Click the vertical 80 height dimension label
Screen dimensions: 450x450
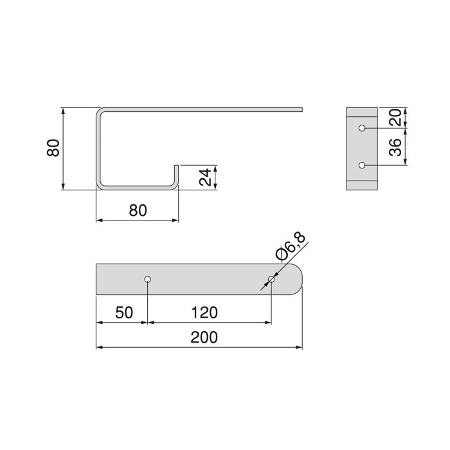coord(54,148)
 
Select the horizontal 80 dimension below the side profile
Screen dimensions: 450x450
coord(137,210)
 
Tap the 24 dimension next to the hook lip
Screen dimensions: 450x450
coord(205,177)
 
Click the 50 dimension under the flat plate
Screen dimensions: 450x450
coord(123,312)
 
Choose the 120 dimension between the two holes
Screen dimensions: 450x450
coord(205,312)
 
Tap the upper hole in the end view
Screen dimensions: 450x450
coord(362,128)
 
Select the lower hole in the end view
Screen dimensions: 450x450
coord(362,166)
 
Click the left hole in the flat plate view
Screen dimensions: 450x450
coord(148,280)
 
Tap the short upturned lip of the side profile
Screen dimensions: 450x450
coord(176,174)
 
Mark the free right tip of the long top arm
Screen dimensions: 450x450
coord(300,110)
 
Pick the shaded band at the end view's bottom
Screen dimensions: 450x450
coord(362,186)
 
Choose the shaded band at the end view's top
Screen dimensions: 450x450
coord(362,111)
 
